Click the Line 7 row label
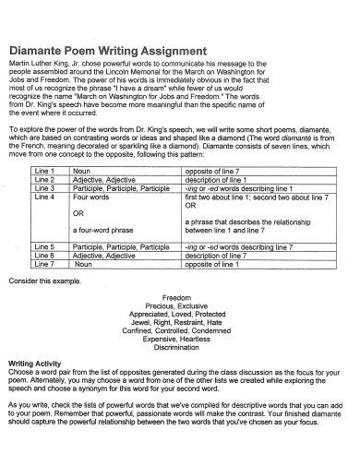(x=44, y=264)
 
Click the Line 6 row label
(x=44, y=256)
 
